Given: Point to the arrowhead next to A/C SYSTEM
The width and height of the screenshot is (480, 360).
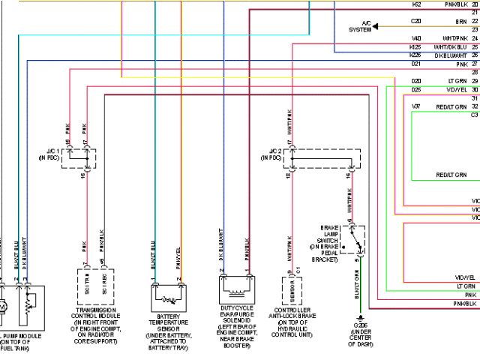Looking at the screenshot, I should tap(376, 26).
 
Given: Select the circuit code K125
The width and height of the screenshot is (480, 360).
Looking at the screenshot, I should tap(415, 46).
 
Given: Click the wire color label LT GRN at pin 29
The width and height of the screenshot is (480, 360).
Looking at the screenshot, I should tap(457, 80).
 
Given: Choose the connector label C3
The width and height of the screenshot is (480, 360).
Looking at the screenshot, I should tap(474, 115).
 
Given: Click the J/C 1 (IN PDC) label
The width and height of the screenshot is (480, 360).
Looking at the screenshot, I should tap(54, 156).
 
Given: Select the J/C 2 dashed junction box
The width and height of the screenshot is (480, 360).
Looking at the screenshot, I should tap(323, 159).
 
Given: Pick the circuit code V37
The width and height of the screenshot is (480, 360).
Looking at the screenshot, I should tap(415, 106).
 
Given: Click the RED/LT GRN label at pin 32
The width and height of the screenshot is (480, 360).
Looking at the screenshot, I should tap(454, 106).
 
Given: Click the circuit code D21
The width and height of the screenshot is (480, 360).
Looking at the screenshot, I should tap(415, 64).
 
